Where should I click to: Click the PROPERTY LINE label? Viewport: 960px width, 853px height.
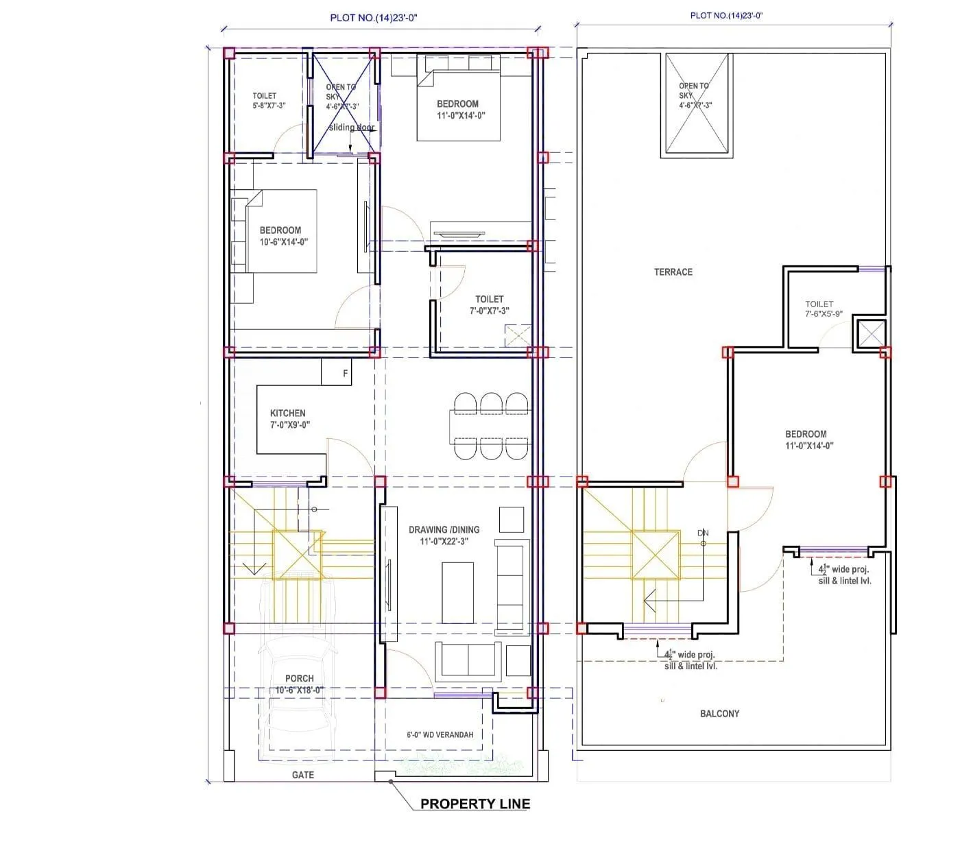point(475,804)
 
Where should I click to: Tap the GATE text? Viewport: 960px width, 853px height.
point(302,775)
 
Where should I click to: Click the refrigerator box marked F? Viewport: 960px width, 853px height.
point(345,374)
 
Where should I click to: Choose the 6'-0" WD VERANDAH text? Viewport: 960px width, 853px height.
point(440,734)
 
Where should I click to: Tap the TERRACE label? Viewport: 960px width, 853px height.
point(673,272)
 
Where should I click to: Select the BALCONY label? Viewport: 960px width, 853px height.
point(719,714)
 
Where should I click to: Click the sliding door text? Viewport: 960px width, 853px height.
point(351,128)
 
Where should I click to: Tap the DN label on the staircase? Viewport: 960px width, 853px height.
point(702,533)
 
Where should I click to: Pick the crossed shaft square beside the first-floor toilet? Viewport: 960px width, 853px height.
point(872,335)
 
